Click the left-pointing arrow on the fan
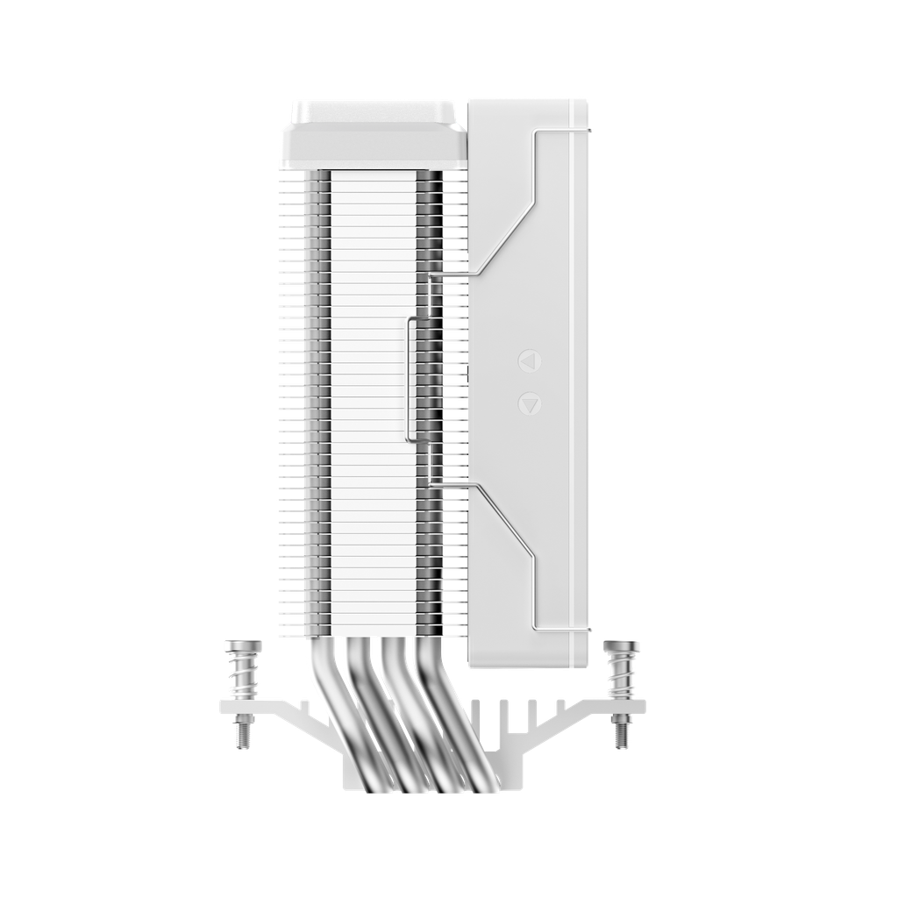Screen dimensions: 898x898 click(529, 360)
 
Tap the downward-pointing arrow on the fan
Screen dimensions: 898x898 click(529, 403)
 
